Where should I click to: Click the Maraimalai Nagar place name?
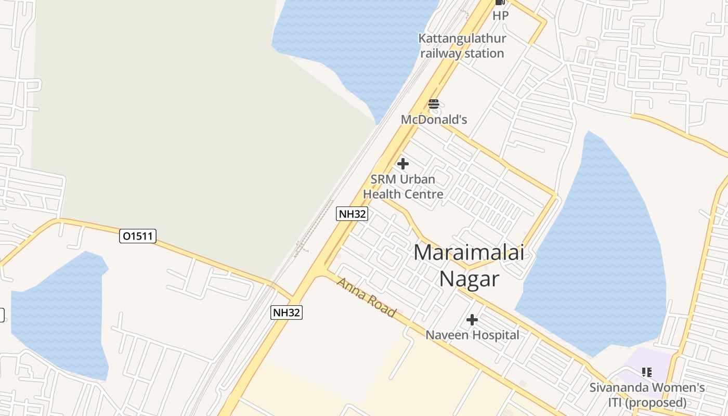469,265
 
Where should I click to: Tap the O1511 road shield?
138,236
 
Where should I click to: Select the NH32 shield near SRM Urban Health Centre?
352,213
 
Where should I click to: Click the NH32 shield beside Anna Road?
287,312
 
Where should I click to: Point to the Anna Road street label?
367,297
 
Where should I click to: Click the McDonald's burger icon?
434,104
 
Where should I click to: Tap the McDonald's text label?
434,120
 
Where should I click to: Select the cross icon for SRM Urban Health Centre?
402,164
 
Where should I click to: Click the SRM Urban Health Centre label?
403,187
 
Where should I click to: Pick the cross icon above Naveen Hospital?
472,320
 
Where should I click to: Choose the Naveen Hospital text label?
472,335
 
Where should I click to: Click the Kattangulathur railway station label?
462,46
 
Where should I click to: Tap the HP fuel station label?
500,16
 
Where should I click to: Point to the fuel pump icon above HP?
500,3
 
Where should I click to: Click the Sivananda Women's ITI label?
647,395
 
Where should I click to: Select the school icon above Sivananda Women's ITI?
646,372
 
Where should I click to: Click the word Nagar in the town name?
469,279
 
